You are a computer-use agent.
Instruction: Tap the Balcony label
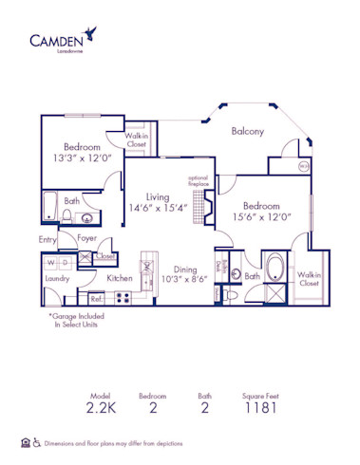point(247,131)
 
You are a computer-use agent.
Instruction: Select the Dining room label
point(185,269)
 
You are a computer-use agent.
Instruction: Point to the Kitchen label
point(120,278)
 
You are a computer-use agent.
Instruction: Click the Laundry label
point(57,280)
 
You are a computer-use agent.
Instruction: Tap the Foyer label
point(87,238)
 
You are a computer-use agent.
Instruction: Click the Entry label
point(48,240)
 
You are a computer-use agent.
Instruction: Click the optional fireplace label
point(198,180)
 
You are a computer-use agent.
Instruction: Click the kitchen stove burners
point(123,297)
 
